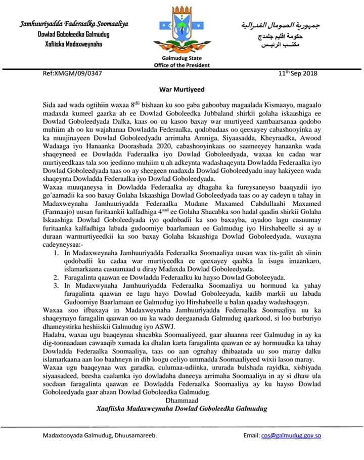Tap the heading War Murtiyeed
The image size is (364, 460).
pos(182,89)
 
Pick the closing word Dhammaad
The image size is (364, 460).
pos(182,399)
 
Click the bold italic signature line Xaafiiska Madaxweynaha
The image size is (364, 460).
pos(182,408)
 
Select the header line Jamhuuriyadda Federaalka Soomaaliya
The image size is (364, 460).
pos(74,24)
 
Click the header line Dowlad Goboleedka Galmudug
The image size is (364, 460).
pos(74,34)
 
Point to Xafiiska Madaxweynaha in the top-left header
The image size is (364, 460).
pos(74,44)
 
